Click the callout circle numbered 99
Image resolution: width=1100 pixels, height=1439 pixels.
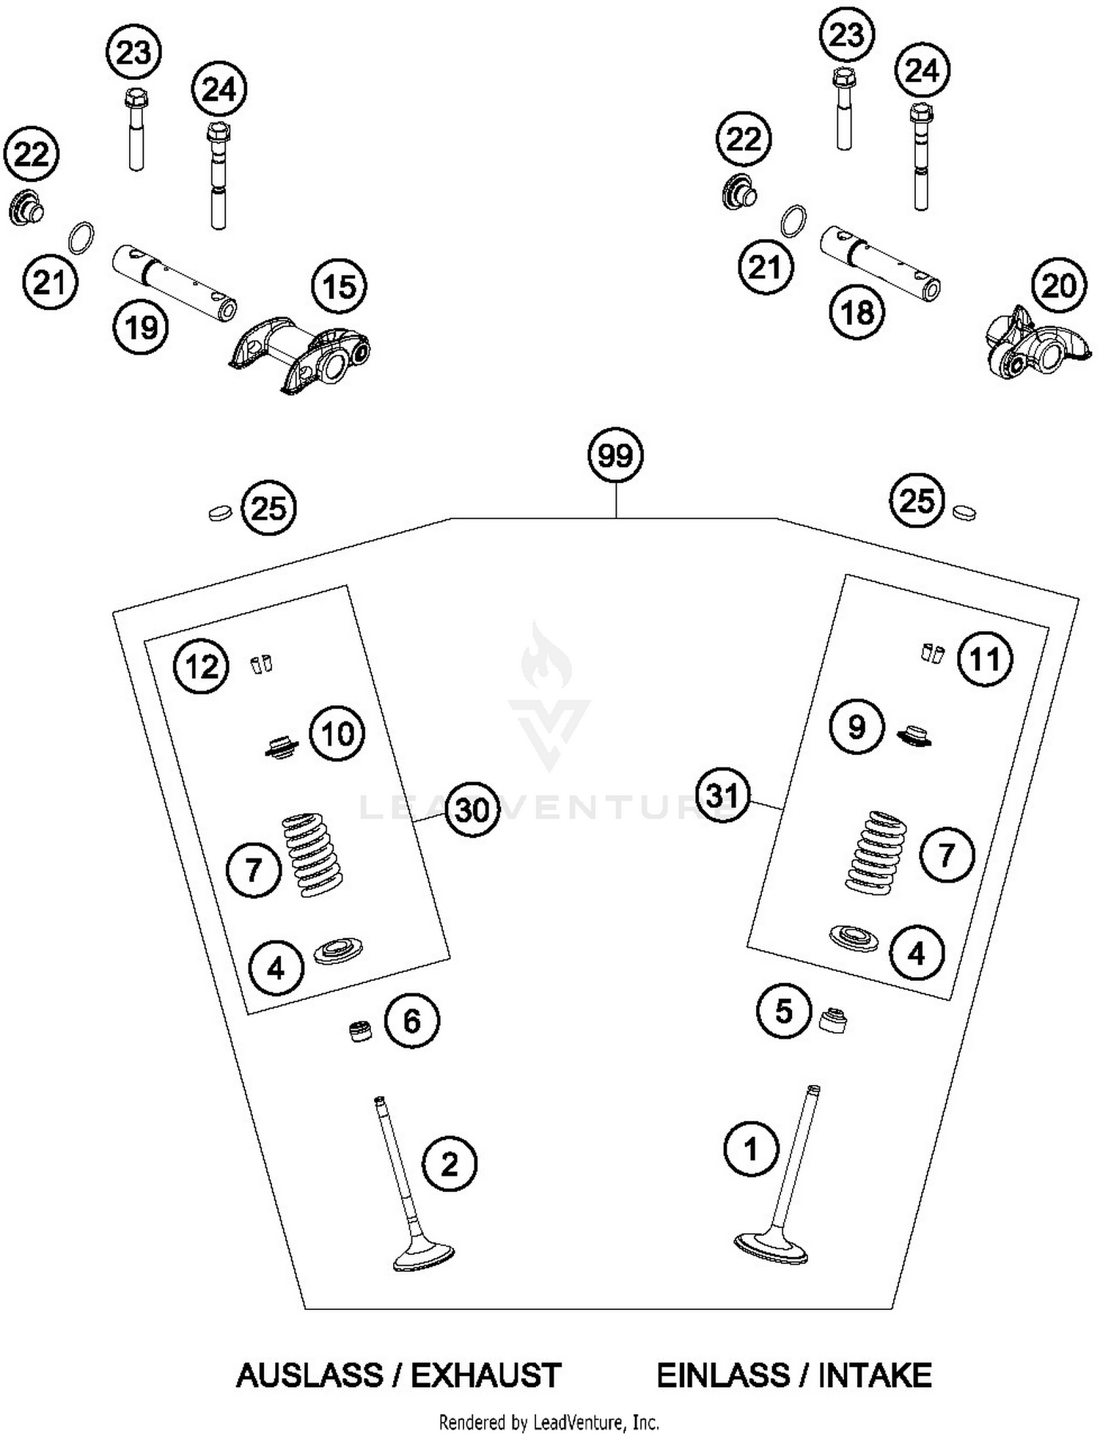coord(615,455)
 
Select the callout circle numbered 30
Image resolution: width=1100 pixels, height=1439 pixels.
coord(472,811)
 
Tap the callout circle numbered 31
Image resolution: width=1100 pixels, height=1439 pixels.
coord(722,795)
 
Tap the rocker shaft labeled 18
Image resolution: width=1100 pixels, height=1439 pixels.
coord(880,263)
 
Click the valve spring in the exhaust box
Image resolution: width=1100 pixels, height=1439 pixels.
coord(313,853)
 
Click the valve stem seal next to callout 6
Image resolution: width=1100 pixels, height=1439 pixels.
coord(359,1030)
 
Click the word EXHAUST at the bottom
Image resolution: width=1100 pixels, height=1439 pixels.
coord(486,1375)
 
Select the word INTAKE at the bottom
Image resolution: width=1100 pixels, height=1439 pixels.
coord(875,1375)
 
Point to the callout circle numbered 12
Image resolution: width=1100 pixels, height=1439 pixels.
coord(202,667)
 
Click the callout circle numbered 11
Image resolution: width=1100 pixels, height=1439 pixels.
coord(985,659)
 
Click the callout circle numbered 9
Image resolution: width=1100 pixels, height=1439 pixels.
coord(857,726)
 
